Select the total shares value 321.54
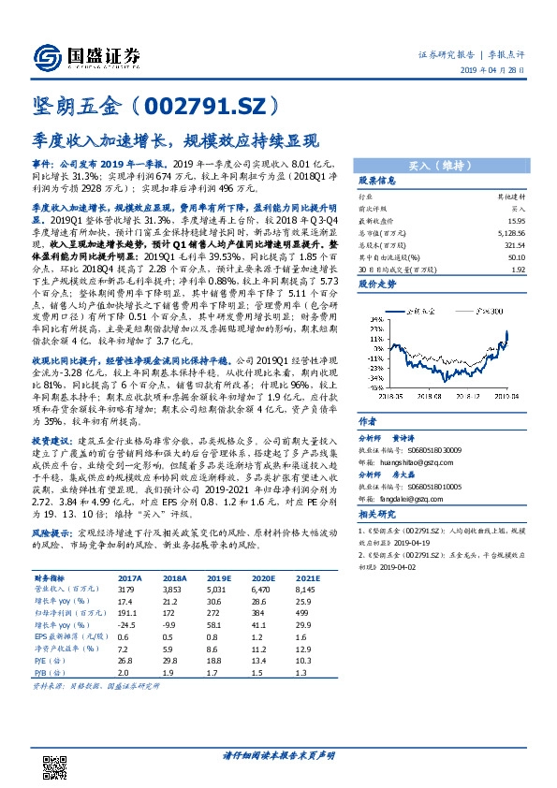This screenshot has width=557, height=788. tap(514, 242)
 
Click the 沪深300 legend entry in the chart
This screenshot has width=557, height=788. tap(491, 310)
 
